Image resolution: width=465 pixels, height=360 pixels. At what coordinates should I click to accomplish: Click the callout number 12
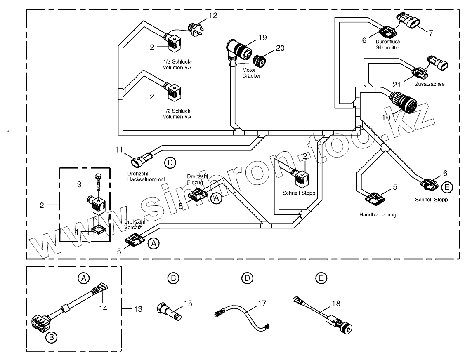[x=212, y=16]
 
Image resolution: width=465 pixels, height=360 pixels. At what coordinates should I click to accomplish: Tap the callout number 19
[x=262, y=38]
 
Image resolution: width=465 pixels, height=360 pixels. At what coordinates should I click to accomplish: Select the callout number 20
[x=280, y=48]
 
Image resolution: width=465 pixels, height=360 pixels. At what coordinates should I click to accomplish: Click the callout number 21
[x=397, y=85]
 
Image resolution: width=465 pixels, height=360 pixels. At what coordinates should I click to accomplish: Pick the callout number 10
[x=386, y=117]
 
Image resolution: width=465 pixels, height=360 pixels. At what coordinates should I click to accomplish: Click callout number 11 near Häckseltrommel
[x=119, y=150]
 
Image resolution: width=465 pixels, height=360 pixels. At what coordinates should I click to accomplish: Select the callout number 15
[x=188, y=304]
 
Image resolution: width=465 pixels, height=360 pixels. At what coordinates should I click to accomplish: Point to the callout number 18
[x=336, y=304]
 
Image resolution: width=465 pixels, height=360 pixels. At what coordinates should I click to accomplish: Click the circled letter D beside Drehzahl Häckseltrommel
[x=170, y=162]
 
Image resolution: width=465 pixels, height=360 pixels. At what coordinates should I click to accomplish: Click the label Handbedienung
[x=378, y=215]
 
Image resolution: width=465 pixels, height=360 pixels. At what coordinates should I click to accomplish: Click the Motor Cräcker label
[x=251, y=73]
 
